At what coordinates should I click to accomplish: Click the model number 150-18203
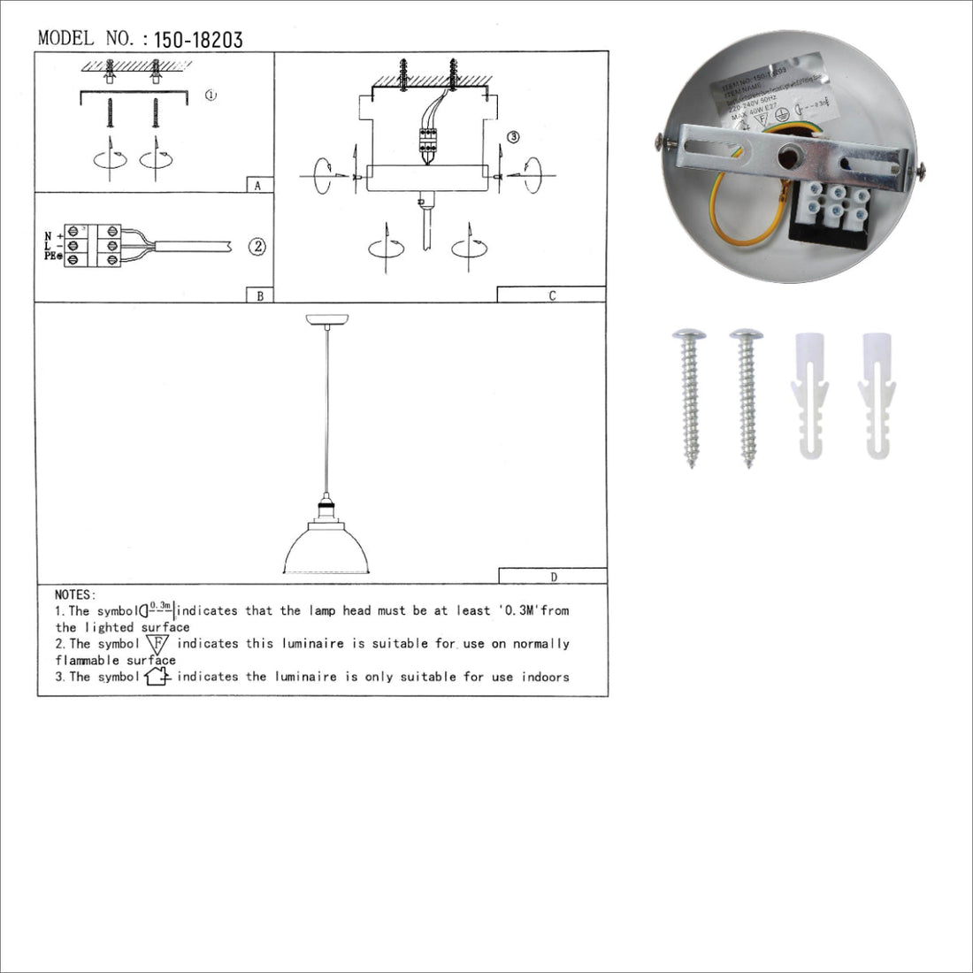[x=198, y=40]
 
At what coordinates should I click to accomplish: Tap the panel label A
[x=257, y=186]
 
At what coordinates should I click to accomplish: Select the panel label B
[x=259, y=295]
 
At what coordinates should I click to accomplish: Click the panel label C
[x=552, y=295]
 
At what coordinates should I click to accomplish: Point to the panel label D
[x=554, y=577]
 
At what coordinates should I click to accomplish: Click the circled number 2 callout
[x=257, y=247]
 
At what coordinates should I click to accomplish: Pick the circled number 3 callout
[x=513, y=137]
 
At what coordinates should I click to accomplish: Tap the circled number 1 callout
[x=211, y=95]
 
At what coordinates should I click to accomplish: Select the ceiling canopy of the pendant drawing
[x=326, y=319]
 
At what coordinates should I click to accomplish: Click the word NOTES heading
[x=75, y=594]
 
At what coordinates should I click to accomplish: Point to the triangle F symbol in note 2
[x=157, y=644]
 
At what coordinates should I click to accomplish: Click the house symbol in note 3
[x=157, y=678]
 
